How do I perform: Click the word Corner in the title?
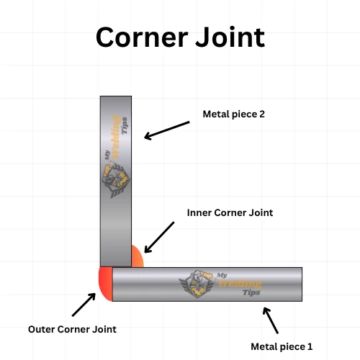(x=140, y=37)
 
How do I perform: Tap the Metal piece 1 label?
(x=282, y=346)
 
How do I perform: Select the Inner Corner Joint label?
(x=230, y=213)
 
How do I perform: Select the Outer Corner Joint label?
(x=72, y=329)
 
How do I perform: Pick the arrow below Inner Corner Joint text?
(x=159, y=237)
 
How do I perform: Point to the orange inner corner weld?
(x=137, y=256)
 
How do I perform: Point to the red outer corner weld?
(x=105, y=283)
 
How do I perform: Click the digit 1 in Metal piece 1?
(x=310, y=346)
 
